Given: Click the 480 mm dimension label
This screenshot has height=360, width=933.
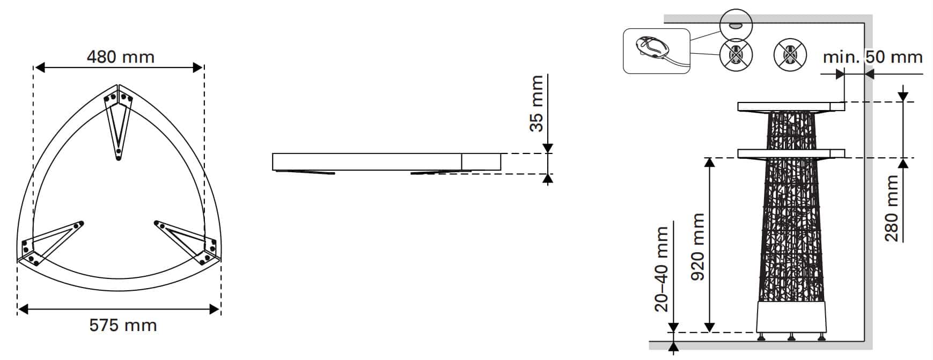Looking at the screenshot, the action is pyautogui.click(x=121, y=57).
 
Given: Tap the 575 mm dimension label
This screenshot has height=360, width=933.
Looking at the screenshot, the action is pyautogui.click(x=123, y=325).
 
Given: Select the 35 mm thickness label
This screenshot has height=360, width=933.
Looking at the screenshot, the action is pyautogui.click(x=537, y=104).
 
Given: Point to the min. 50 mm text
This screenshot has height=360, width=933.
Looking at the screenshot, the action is pyautogui.click(x=873, y=57).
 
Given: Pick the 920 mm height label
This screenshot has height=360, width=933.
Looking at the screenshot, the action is pyautogui.click(x=697, y=247).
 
